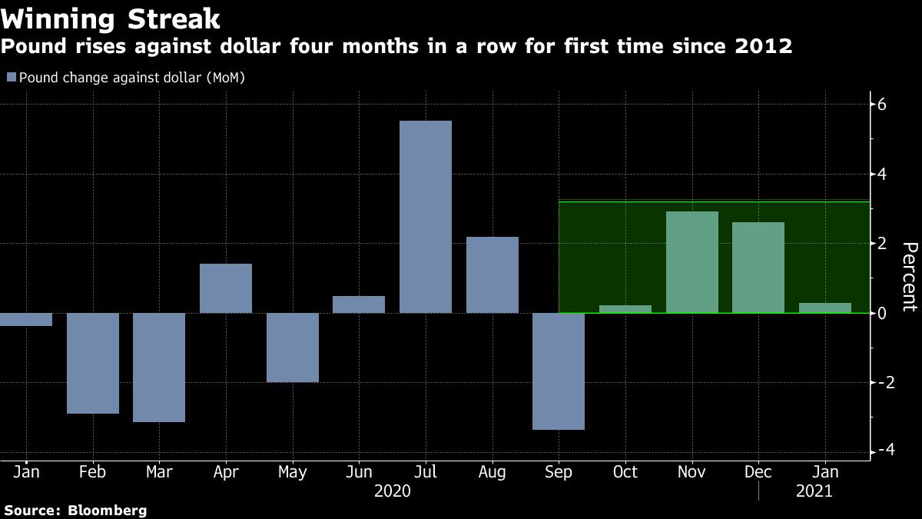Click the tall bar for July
click(426, 217)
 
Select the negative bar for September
click(559, 371)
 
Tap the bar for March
click(159, 367)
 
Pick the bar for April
click(226, 288)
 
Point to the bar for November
click(691, 262)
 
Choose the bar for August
click(492, 274)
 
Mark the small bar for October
click(625, 309)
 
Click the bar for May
click(293, 347)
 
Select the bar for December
click(758, 268)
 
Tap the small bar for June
click(359, 304)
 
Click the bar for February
click(93, 363)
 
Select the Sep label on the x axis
click(559, 472)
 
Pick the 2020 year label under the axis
click(392, 491)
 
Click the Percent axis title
click(909, 277)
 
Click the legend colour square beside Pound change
click(11, 77)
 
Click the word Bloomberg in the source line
click(108, 510)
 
